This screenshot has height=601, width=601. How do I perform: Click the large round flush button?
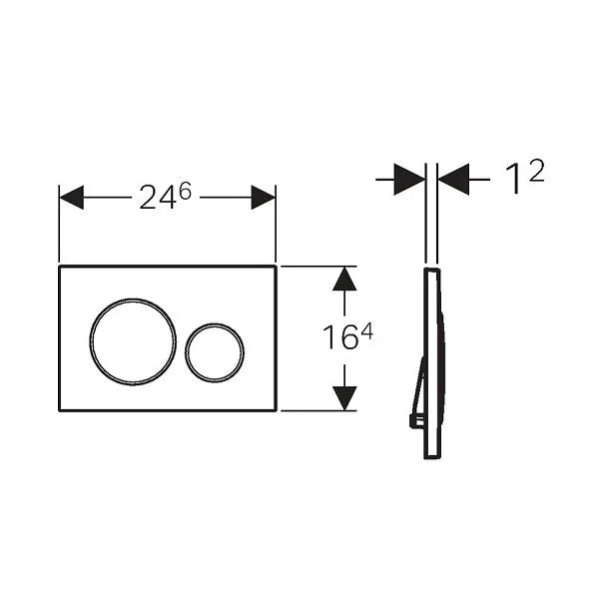[133, 339]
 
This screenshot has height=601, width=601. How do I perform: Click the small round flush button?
[215, 351]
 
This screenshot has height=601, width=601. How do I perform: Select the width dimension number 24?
[157, 199]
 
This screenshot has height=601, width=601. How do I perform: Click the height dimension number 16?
[339, 339]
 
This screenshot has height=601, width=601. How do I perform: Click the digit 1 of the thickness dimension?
[515, 181]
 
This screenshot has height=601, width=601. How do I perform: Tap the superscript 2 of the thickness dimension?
[537, 171]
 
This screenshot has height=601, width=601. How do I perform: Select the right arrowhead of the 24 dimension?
[264, 197]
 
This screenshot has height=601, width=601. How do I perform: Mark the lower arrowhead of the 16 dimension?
[344, 398]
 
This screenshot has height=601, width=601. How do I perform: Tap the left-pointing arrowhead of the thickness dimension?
[454, 180]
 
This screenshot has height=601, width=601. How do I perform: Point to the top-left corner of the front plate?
[59, 267]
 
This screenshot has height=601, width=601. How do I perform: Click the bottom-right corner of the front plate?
[276, 409]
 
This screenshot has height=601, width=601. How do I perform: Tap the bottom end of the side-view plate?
[431, 456]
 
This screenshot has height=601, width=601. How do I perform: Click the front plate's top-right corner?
[276, 267]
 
